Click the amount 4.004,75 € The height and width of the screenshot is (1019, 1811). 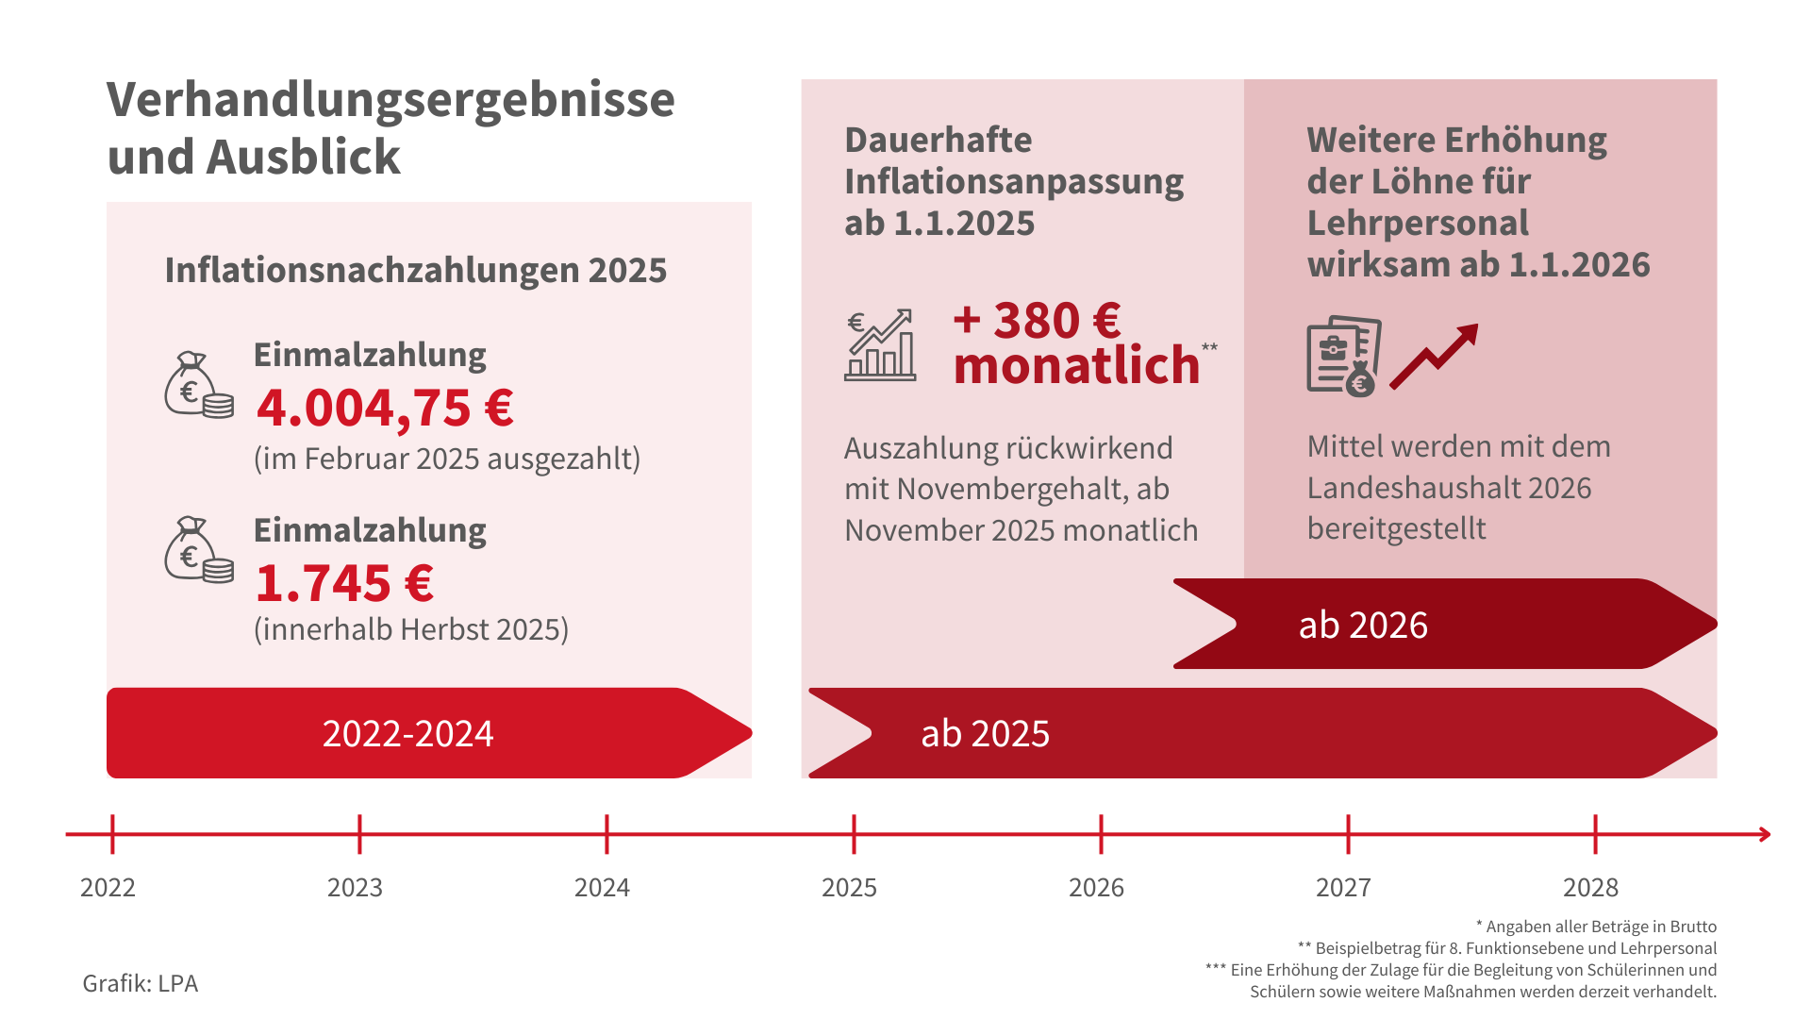click(385, 408)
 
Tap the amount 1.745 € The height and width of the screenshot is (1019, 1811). click(344, 583)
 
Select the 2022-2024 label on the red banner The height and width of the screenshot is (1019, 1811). click(407, 733)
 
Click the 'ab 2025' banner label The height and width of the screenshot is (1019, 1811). click(985, 733)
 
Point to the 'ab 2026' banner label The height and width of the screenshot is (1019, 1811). click(1363, 625)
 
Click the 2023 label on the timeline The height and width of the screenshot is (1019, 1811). click(355, 888)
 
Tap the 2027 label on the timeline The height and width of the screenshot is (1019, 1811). click(1343, 888)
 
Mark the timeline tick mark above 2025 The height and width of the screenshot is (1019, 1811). click(854, 834)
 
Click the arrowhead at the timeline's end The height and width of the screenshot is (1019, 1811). click(1764, 834)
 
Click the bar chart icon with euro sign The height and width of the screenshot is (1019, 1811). click(880, 345)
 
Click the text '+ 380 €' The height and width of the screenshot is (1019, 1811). click(1037, 320)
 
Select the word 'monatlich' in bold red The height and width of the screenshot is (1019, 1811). click(1076, 365)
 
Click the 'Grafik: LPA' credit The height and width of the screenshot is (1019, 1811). click(141, 983)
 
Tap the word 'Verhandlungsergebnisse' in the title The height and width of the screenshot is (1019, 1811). click(390, 99)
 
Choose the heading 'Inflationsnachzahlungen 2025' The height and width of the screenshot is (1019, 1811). click(416, 270)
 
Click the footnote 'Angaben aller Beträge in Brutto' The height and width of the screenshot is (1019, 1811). click(1601, 927)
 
